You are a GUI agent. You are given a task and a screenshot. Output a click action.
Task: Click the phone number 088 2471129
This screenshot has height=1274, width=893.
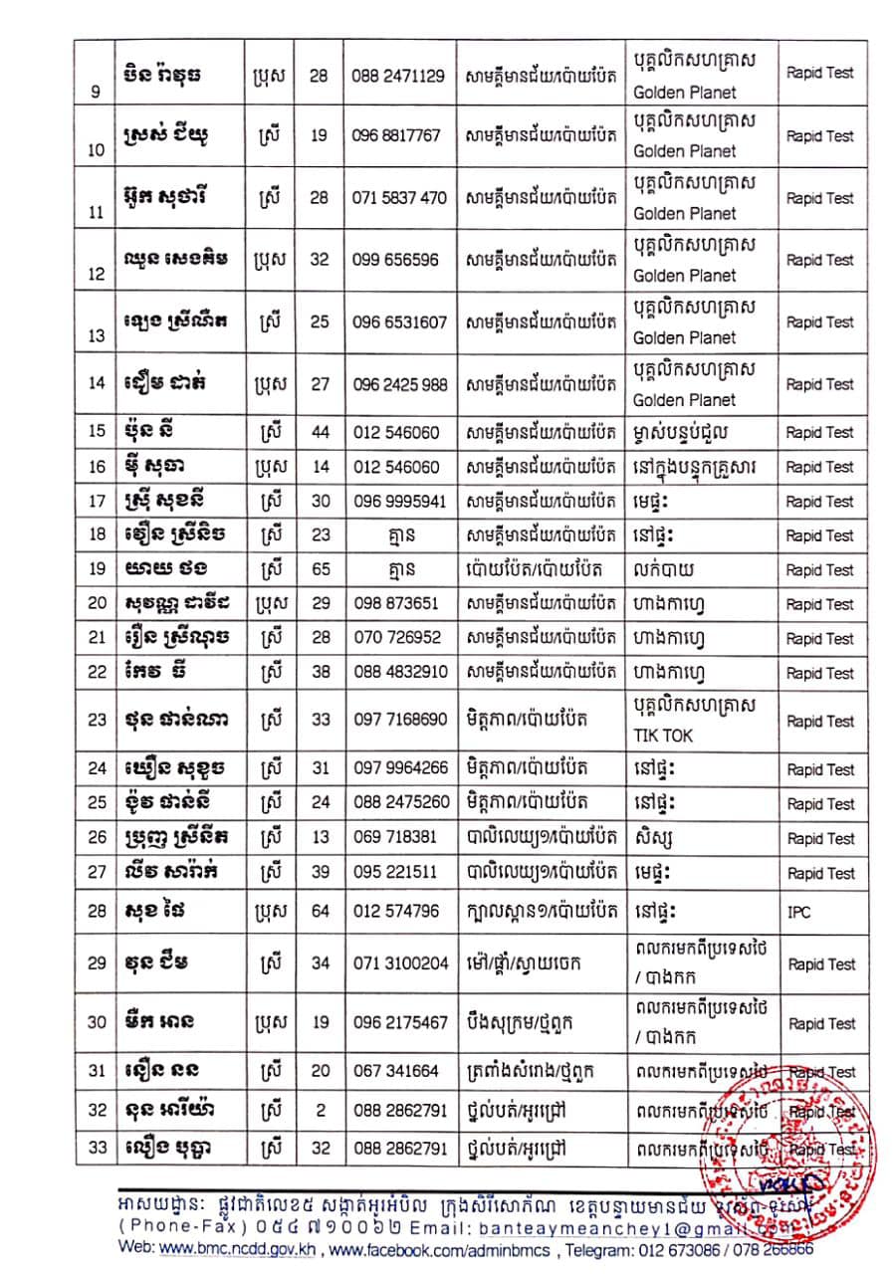pos(398,75)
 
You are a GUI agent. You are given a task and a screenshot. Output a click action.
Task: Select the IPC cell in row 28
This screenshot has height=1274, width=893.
pos(798,912)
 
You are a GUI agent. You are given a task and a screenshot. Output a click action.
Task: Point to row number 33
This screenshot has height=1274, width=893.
pos(97,1148)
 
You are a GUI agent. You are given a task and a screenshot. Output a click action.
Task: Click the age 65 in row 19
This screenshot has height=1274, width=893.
pos(319,570)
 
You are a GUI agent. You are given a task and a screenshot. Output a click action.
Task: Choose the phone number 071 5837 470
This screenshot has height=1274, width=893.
pos(399,197)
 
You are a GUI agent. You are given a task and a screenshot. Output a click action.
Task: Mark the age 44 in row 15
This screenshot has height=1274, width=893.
pos(319,433)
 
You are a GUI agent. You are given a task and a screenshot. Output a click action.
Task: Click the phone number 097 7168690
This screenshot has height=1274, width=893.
pos(399,718)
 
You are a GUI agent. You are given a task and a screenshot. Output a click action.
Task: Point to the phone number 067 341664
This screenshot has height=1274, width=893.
pos(396,1071)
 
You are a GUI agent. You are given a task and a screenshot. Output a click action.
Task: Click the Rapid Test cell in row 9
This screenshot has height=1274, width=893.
pos(820,73)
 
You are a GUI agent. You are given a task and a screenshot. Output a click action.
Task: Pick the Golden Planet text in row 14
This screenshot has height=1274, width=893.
pos(685,400)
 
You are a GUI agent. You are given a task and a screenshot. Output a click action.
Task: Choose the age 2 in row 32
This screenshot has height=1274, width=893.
pos(319,1109)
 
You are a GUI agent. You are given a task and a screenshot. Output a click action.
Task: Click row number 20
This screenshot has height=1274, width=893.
pos(97,604)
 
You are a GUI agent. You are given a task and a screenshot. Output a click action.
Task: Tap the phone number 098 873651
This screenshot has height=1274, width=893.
pos(394,604)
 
